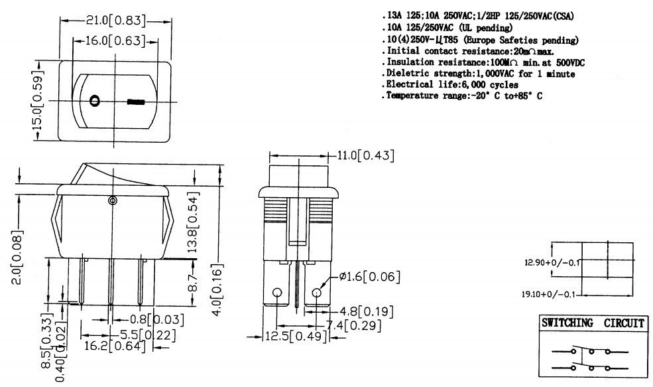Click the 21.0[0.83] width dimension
coord(116,21)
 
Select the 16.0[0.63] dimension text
coord(116,41)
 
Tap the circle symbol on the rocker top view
coord(95,102)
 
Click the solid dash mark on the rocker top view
coord(136,103)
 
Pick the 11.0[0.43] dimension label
coord(366,155)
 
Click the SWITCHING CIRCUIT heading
coord(592,323)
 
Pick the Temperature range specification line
coord(464,96)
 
